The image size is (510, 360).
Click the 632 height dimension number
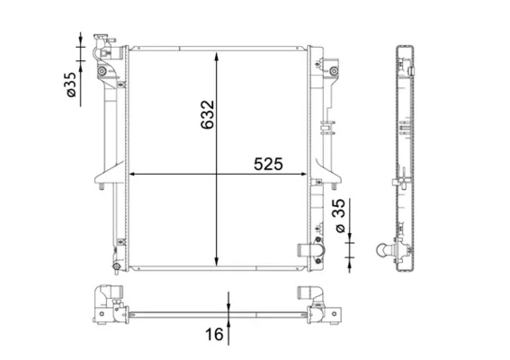click(207, 115)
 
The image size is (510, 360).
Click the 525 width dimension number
click(268, 164)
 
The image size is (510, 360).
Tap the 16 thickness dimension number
click(214, 334)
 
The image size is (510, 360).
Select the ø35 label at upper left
click(71, 85)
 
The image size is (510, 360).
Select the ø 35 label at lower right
click(340, 215)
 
